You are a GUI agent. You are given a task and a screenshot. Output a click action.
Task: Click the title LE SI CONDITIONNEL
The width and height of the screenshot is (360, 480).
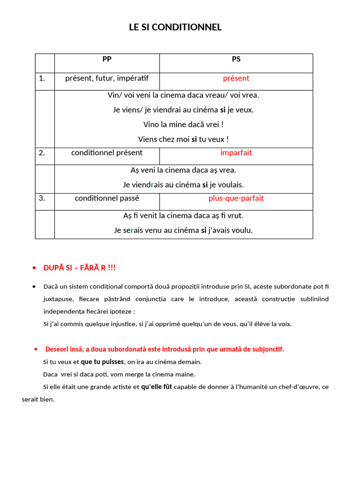175,27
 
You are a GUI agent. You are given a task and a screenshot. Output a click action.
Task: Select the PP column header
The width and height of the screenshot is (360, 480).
107,59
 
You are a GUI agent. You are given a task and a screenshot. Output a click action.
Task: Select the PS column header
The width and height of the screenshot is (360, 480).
236,59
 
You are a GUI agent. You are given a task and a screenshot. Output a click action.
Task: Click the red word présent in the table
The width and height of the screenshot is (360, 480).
236,78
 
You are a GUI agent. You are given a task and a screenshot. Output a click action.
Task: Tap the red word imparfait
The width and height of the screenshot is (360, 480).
236,153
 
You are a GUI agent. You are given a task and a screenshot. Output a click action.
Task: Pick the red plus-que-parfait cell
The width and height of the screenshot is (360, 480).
236,198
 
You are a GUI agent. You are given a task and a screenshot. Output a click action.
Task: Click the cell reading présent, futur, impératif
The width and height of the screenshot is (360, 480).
107,78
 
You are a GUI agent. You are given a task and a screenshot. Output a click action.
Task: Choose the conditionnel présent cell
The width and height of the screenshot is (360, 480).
107,153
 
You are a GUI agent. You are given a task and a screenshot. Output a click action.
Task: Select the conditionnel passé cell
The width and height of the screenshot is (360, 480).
107,198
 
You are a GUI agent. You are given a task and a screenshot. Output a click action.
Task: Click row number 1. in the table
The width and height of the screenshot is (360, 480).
42,78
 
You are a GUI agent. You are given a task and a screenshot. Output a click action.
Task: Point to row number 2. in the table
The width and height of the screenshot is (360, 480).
42,153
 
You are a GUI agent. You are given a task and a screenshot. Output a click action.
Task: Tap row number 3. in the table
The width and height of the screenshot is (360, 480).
42,198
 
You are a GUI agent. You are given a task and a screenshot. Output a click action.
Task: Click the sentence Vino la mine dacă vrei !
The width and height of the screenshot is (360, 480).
183,125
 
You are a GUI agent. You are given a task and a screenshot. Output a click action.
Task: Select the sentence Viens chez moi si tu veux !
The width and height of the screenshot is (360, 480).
183,139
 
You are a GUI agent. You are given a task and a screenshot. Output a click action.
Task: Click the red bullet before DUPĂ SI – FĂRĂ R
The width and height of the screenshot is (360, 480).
34,268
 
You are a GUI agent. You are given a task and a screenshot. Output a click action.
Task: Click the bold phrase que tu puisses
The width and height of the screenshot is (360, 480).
102,362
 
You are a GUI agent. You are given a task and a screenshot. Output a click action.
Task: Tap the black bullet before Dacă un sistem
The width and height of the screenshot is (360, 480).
34,286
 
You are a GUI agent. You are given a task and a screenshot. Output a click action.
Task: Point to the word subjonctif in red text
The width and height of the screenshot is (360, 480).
267,350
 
